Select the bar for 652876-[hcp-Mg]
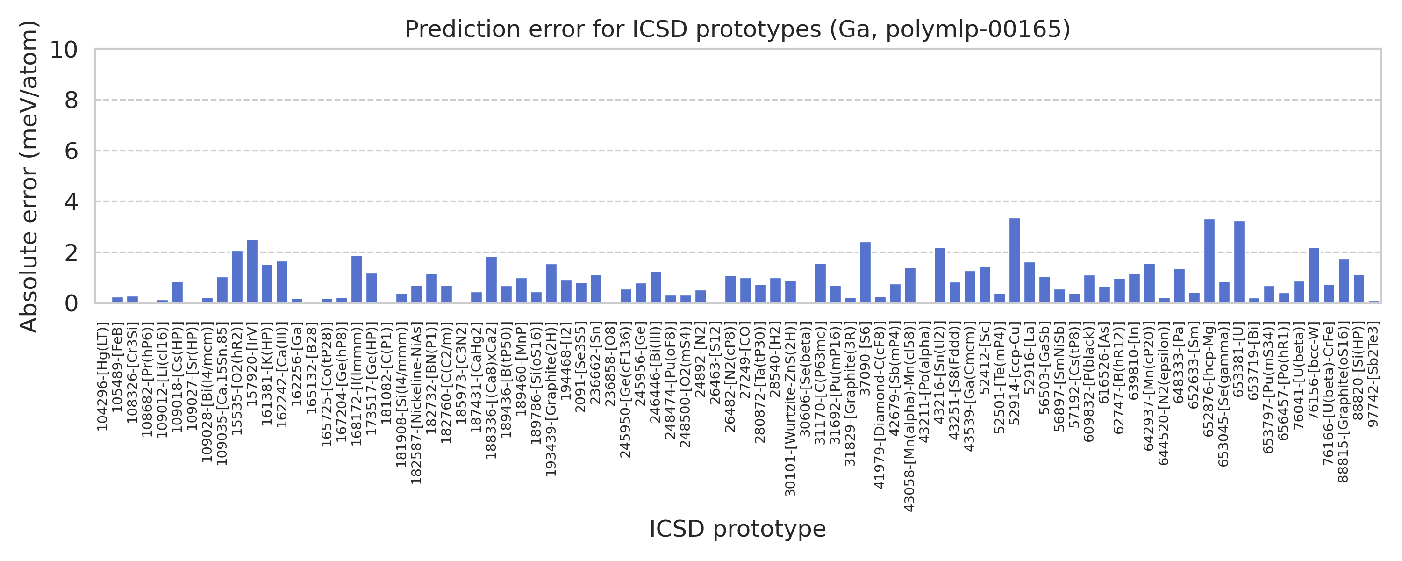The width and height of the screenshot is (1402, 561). click(x=1209, y=261)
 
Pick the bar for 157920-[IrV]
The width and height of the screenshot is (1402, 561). click(x=252, y=271)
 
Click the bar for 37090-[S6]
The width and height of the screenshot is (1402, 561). click(x=865, y=273)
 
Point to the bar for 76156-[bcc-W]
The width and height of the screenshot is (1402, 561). click(x=1314, y=275)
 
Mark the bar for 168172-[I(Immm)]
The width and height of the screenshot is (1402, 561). click(x=357, y=279)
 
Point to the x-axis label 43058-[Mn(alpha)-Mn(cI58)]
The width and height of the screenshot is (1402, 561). click(x=909, y=417)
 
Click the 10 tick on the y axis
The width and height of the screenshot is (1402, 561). click(x=64, y=50)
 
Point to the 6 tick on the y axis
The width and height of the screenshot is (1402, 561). click(x=71, y=151)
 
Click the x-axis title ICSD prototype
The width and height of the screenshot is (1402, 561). click(x=737, y=529)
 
